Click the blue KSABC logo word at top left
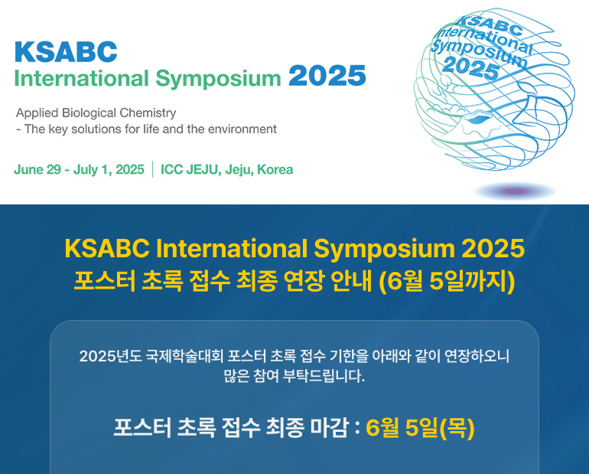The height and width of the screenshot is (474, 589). click(66, 51)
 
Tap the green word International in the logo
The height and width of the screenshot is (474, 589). click(82, 79)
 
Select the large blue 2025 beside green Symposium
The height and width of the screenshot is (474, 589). click(327, 77)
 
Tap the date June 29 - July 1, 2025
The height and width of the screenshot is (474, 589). click(79, 169)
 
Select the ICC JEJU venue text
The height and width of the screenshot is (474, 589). click(190, 169)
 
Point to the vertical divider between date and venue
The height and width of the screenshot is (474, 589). click(152, 169)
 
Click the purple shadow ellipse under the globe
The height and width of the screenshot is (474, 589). click(515, 191)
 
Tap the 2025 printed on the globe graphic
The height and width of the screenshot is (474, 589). click(471, 68)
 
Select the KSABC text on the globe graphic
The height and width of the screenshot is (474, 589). click(491, 23)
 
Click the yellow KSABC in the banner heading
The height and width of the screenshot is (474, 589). click(107, 248)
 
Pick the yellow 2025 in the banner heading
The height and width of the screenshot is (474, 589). click(493, 248)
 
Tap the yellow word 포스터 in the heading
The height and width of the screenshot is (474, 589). click(105, 281)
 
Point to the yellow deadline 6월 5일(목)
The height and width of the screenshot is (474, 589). click(420, 428)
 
